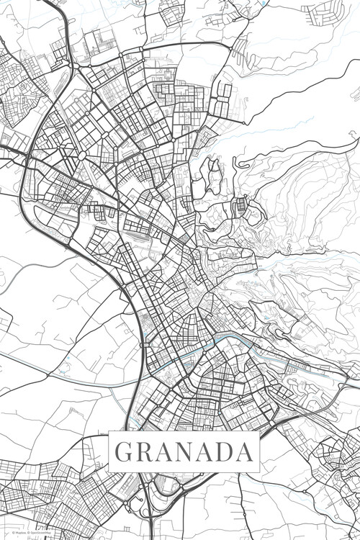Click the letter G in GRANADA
(123, 452)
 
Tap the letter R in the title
(144, 452)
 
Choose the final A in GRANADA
(246, 452)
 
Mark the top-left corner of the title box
(109, 433)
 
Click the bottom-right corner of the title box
(260, 472)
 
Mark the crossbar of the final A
(246, 456)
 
